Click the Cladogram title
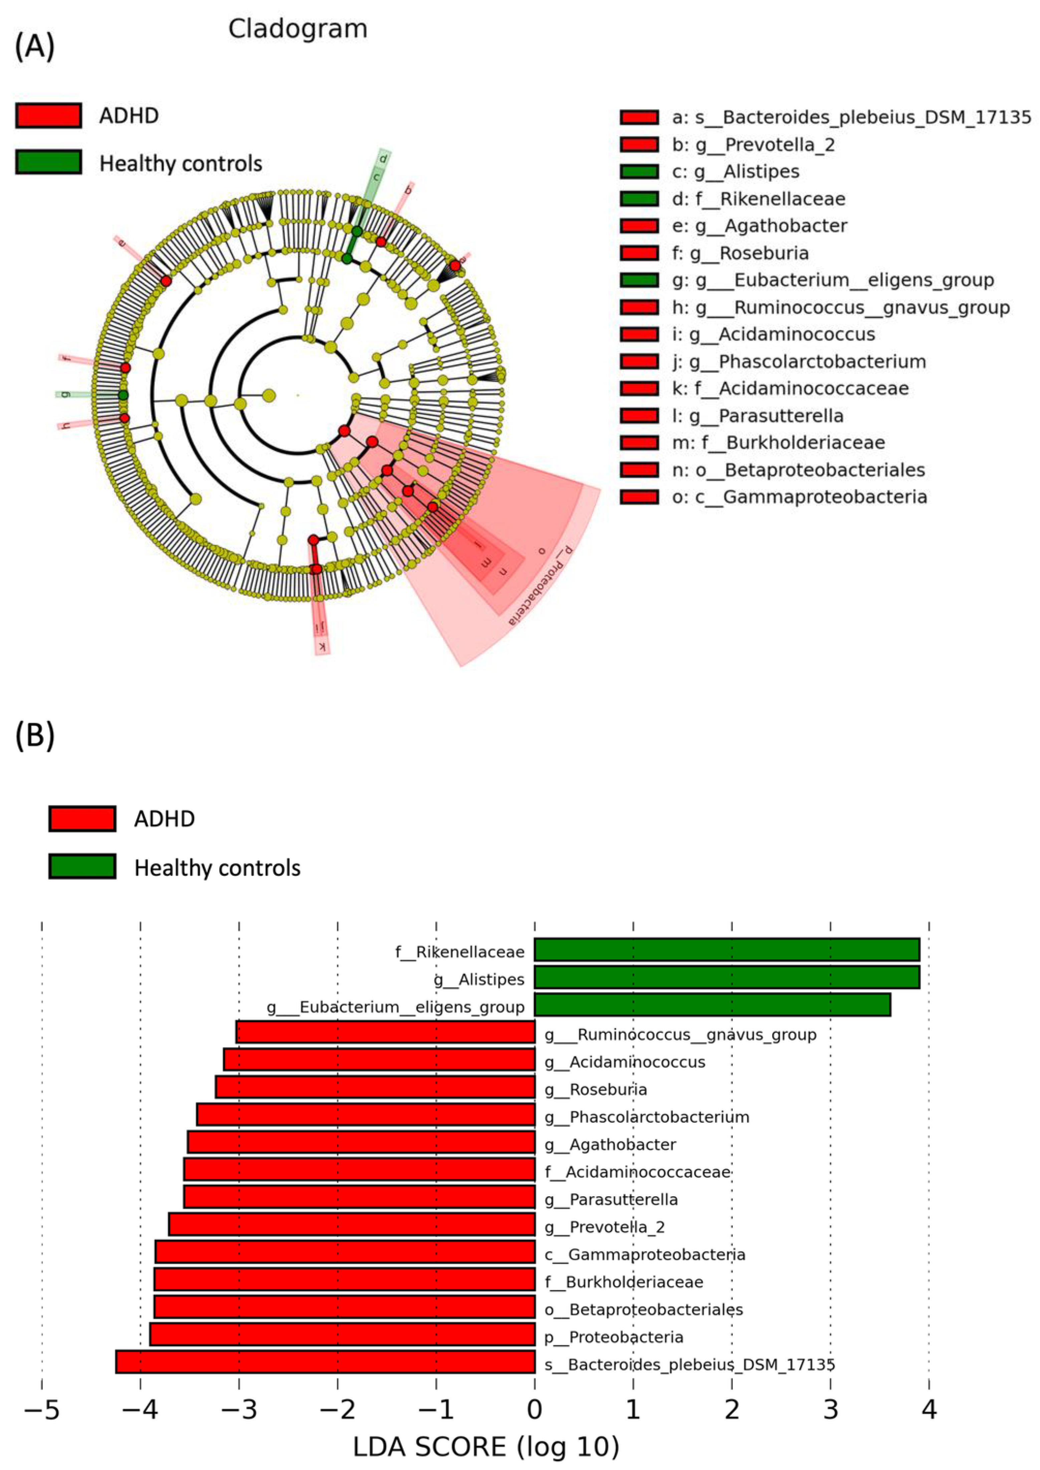pyautogui.click(x=298, y=29)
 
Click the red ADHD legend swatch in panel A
pyautogui.click(x=49, y=116)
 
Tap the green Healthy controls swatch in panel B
pyautogui.click(x=82, y=867)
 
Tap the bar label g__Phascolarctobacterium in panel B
pyautogui.click(x=647, y=1117)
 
